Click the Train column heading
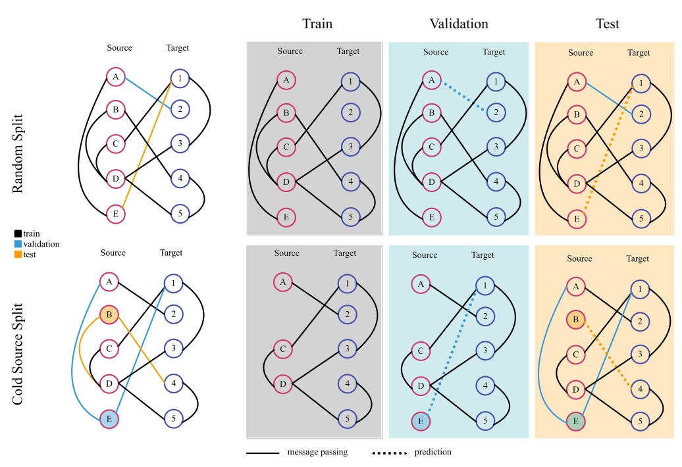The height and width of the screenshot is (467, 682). tap(317, 24)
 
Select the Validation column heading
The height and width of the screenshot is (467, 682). tap(459, 24)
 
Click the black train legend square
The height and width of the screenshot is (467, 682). tap(18, 233)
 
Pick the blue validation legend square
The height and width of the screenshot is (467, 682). tap(18, 244)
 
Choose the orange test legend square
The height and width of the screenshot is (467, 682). tap(18, 255)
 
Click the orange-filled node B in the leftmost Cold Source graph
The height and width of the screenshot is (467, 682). tap(109, 315)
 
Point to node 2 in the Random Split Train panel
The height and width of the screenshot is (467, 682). tap(350, 112)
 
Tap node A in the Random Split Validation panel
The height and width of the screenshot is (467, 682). tap(431, 80)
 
